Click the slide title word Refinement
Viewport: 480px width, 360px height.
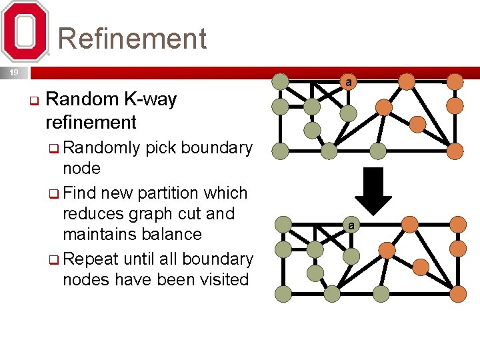pos(132,39)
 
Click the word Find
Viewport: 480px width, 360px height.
pos(80,193)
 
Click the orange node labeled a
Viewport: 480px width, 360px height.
pos(348,82)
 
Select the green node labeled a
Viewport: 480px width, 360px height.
pos(351,225)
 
